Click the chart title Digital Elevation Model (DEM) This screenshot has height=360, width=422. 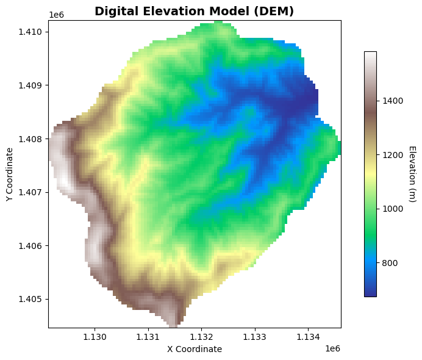coord(195,11)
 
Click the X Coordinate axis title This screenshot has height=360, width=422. coord(195,349)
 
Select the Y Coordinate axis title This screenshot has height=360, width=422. coord(9,174)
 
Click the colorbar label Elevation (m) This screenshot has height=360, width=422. coord(412,174)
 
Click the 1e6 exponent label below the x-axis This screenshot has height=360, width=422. coord(332,348)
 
